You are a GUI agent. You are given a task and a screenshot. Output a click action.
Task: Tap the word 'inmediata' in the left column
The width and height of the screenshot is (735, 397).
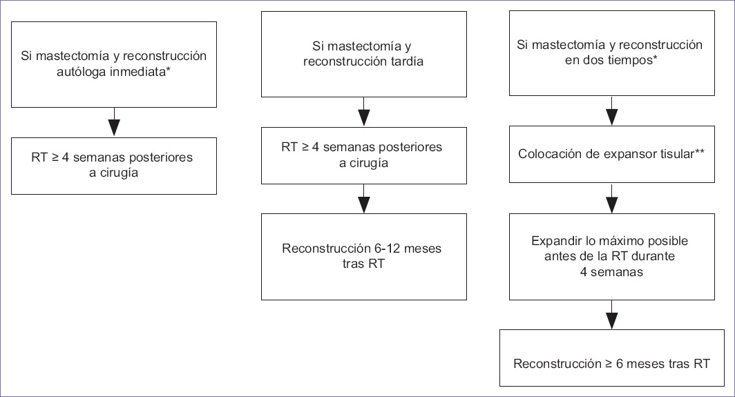(138, 72)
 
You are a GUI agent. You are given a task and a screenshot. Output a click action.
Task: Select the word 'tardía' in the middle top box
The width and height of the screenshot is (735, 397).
(407, 61)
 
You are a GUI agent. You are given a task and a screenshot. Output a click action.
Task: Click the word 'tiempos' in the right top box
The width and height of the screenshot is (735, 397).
(633, 60)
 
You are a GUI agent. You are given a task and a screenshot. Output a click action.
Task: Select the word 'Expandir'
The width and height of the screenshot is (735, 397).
(554, 241)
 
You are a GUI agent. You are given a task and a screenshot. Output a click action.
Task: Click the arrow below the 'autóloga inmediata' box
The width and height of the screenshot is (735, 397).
(114, 122)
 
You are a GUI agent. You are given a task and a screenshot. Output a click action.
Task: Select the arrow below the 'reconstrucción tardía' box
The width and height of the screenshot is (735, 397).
(364, 112)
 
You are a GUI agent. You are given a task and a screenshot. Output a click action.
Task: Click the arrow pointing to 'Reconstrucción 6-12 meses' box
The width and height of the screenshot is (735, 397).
(364, 199)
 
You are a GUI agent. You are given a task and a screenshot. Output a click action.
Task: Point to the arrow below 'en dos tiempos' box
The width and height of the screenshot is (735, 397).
(612, 111)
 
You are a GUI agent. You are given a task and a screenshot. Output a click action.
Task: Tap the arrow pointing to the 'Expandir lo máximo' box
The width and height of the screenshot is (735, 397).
(612, 198)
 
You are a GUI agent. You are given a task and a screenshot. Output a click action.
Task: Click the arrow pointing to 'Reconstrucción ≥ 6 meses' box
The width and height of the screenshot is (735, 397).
(612, 315)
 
